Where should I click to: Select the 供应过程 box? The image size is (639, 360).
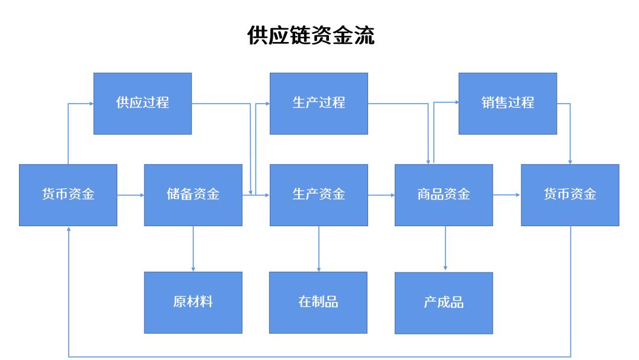click(x=143, y=103)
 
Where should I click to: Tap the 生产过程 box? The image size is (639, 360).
click(x=318, y=103)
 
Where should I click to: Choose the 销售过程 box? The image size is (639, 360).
click(x=508, y=103)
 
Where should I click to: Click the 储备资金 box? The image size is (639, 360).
click(x=193, y=195)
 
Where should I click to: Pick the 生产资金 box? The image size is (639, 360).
click(x=318, y=195)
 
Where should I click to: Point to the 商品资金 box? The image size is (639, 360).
click(x=444, y=195)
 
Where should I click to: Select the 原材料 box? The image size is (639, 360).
click(x=193, y=302)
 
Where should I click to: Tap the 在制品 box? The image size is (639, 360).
click(x=318, y=302)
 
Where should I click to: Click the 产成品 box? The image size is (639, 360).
click(x=444, y=303)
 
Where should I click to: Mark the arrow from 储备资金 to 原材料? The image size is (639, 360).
click(x=193, y=249)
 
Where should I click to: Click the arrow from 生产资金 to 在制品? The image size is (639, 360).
click(x=319, y=249)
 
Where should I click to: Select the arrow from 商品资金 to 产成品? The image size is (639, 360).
click(x=445, y=249)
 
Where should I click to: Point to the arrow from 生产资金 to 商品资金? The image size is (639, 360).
click(x=381, y=194)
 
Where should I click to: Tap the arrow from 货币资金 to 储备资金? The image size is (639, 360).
click(x=130, y=194)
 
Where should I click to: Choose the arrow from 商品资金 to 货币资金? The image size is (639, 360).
click(x=506, y=194)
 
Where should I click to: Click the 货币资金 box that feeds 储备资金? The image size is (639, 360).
click(x=68, y=195)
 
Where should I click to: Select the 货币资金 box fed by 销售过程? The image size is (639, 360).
click(x=570, y=195)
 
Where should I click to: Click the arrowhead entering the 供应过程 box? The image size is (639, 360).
click(x=91, y=104)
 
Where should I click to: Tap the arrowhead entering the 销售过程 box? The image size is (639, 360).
click(x=456, y=102)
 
